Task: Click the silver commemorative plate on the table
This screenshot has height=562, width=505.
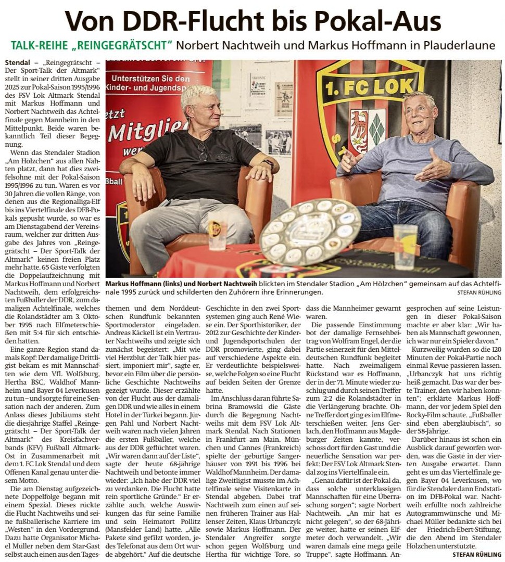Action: point(310,231)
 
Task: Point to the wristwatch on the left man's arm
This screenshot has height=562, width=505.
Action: point(269,165)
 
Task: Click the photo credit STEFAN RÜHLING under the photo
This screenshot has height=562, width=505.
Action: point(476,292)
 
